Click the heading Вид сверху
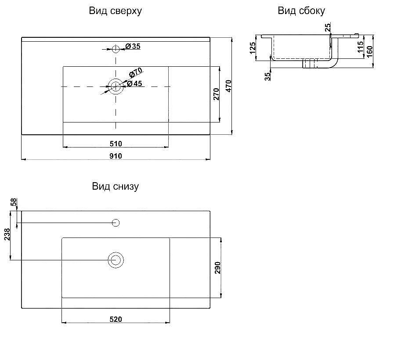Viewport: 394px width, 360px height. point(116,11)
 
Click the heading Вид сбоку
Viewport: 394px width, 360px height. point(301,11)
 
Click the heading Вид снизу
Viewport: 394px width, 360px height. point(116,187)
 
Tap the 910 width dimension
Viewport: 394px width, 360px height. point(116,156)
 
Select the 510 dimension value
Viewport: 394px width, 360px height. point(116,144)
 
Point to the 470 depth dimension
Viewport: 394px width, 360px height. point(228,86)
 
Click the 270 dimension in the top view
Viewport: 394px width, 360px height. point(217,94)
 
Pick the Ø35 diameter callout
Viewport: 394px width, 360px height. point(133,46)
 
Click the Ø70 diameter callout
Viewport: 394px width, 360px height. point(136,72)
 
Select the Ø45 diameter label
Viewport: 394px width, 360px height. point(134,83)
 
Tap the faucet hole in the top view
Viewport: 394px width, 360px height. point(116,49)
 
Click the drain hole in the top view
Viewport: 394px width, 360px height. point(116,86)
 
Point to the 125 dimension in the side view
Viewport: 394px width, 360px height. point(253,48)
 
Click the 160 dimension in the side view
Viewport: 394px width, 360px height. point(370,51)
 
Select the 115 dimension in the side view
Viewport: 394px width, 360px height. point(360,47)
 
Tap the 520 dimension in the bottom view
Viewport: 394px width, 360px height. point(116,319)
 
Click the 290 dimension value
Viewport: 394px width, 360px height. point(217,268)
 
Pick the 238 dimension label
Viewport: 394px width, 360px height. point(7,234)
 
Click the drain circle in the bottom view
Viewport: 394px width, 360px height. point(116,260)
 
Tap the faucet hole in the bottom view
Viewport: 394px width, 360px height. point(116,223)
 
